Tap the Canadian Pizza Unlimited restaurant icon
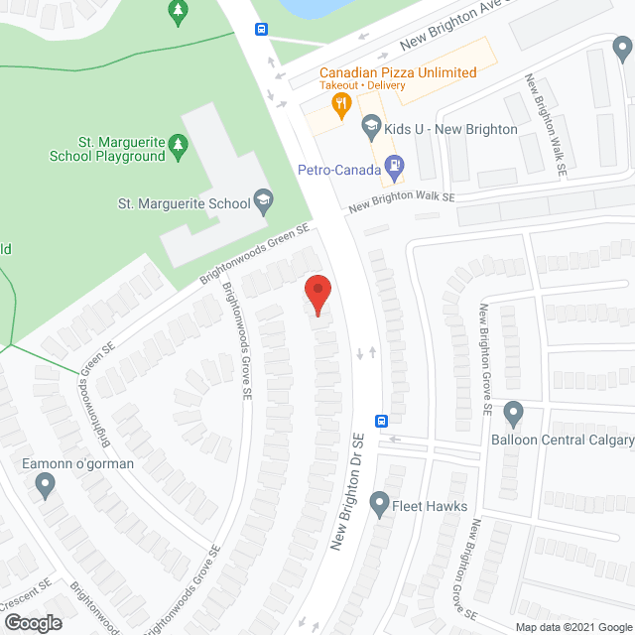coord(342,102)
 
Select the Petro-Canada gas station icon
coord(394,171)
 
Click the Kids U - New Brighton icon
coord(371,125)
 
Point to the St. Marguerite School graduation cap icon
coord(263,202)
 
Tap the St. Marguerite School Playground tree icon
coord(179,148)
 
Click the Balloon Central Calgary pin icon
coord(513,413)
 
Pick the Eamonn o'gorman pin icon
coord(45,485)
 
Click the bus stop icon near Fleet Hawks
coord(381,420)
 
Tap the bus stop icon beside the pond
coord(261,30)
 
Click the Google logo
coord(33,622)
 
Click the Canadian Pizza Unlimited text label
coord(397,72)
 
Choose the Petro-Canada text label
coord(339,171)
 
